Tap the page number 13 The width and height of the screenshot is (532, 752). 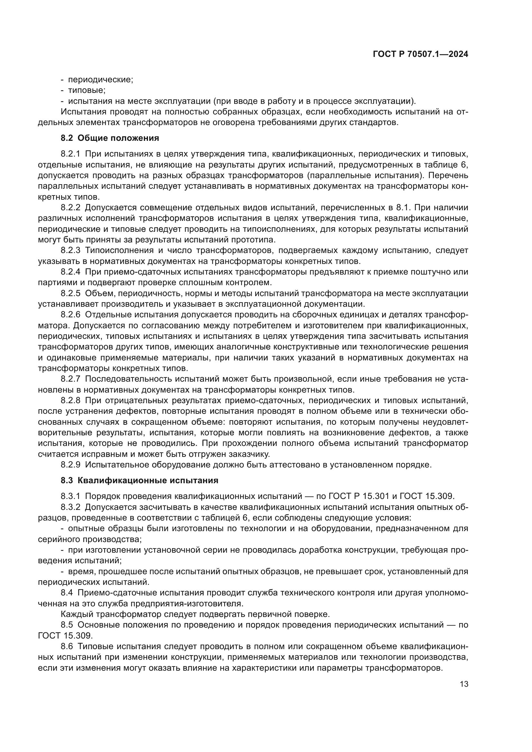(x=464, y=684)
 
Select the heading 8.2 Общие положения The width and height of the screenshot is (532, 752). (x=110, y=138)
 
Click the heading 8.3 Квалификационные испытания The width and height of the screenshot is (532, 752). (x=139, y=480)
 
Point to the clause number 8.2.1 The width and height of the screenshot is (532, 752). (x=70, y=154)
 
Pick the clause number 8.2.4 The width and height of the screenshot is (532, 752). (x=70, y=272)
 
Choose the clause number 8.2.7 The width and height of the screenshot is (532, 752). (x=70, y=379)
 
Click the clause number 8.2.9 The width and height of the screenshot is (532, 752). (x=70, y=465)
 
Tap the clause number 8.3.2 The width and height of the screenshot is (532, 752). (x=70, y=507)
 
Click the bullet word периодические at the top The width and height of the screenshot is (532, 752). (x=100, y=80)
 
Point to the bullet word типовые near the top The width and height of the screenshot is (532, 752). (x=86, y=90)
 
